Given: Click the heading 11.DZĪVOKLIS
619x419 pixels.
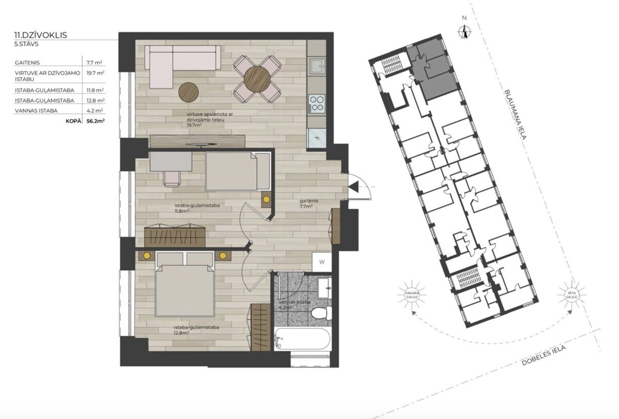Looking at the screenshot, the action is coord(41,35).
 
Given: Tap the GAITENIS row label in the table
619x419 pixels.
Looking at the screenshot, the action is coord(27,63).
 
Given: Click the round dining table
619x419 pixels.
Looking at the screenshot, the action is coord(257,79).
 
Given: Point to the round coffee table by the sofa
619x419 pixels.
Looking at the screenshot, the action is coord(188,92).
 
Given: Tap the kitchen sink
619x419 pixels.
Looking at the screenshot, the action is coord(317,67).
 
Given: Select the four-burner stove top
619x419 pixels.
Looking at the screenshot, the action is coord(317,103).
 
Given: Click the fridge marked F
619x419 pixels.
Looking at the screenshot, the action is coord(317,138).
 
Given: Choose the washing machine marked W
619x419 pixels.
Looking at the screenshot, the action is coord(322,262).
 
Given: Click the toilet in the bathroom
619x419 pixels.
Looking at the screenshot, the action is coord(321,313).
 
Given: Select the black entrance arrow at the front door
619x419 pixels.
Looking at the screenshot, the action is coord(353,187).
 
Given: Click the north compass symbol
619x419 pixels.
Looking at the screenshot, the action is coord(465,32).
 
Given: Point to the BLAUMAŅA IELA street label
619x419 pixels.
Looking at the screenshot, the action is coord(516,114).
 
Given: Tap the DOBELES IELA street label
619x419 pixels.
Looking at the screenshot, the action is coord(544,355).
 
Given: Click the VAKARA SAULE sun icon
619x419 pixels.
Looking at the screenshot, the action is coord(412,294).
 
